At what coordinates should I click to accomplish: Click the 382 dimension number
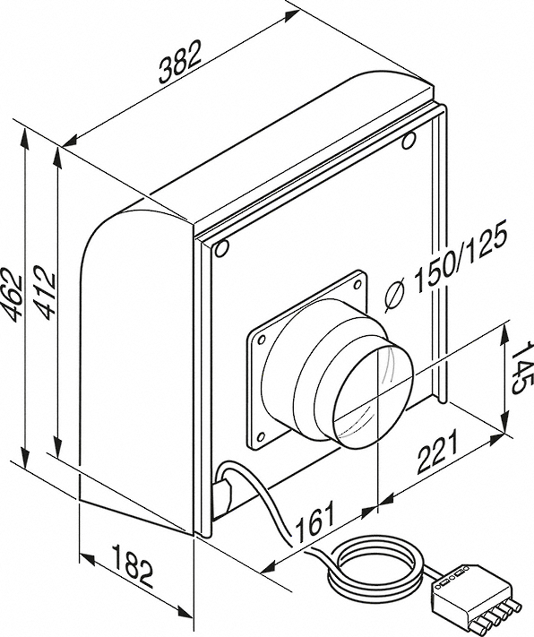click(180, 61)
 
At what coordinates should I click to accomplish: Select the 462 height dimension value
click(13, 292)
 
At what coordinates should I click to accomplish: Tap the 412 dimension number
click(44, 292)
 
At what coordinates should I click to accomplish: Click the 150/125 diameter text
click(461, 258)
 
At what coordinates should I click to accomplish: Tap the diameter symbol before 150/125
click(394, 297)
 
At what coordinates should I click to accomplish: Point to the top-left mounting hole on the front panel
click(222, 248)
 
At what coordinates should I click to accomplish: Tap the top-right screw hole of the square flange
click(357, 284)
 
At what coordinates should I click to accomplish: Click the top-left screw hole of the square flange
click(262, 339)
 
